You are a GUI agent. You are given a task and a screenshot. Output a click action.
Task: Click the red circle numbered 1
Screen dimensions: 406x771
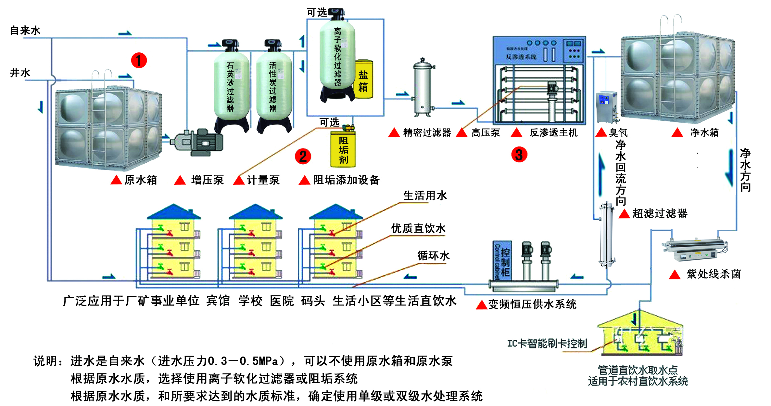pos(139,61)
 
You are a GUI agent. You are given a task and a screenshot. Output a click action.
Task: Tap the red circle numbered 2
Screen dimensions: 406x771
pos(303,156)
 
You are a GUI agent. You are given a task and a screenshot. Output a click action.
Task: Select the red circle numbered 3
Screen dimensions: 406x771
pos(519,155)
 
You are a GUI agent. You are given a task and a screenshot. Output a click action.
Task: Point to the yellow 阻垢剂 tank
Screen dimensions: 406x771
pos(343,149)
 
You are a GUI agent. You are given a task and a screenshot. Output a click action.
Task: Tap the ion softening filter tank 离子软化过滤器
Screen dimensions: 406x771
pos(337,55)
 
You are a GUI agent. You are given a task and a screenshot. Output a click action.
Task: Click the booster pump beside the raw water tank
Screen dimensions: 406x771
pos(198,142)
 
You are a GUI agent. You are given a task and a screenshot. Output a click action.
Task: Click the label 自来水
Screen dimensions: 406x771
pos(25,30)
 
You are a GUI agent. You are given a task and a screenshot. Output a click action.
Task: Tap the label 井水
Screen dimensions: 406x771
pos(20,72)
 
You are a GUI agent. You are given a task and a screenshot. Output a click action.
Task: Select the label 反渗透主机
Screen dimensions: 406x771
pos(553,133)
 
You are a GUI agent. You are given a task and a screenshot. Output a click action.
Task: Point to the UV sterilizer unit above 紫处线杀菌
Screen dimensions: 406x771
pos(695,250)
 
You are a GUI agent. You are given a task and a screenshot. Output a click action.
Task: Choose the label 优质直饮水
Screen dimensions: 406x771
pos(418,228)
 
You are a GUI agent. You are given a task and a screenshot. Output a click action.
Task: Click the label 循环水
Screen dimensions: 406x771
pos(433,256)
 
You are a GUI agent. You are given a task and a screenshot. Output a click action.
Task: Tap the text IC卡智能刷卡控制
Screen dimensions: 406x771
pos(547,344)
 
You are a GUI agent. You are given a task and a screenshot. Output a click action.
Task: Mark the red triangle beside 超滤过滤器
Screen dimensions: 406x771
pos(624,214)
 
